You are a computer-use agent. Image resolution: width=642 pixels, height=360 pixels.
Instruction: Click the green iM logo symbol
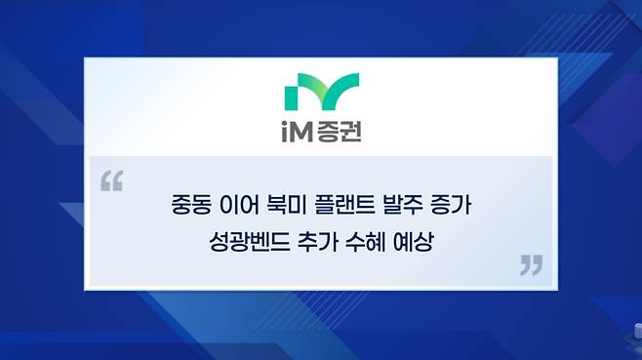point(322,92)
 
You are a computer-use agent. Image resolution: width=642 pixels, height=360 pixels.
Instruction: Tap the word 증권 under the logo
point(339,133)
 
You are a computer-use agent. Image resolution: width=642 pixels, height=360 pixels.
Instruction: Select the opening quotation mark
point(112,181)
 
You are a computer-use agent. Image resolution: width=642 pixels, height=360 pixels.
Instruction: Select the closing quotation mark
point(532,265)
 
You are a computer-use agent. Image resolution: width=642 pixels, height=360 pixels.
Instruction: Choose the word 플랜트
point(344,204)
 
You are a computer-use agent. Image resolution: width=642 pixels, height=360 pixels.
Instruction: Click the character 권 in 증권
point(351,133)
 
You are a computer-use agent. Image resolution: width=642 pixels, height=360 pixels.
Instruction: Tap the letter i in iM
point(285,133)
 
